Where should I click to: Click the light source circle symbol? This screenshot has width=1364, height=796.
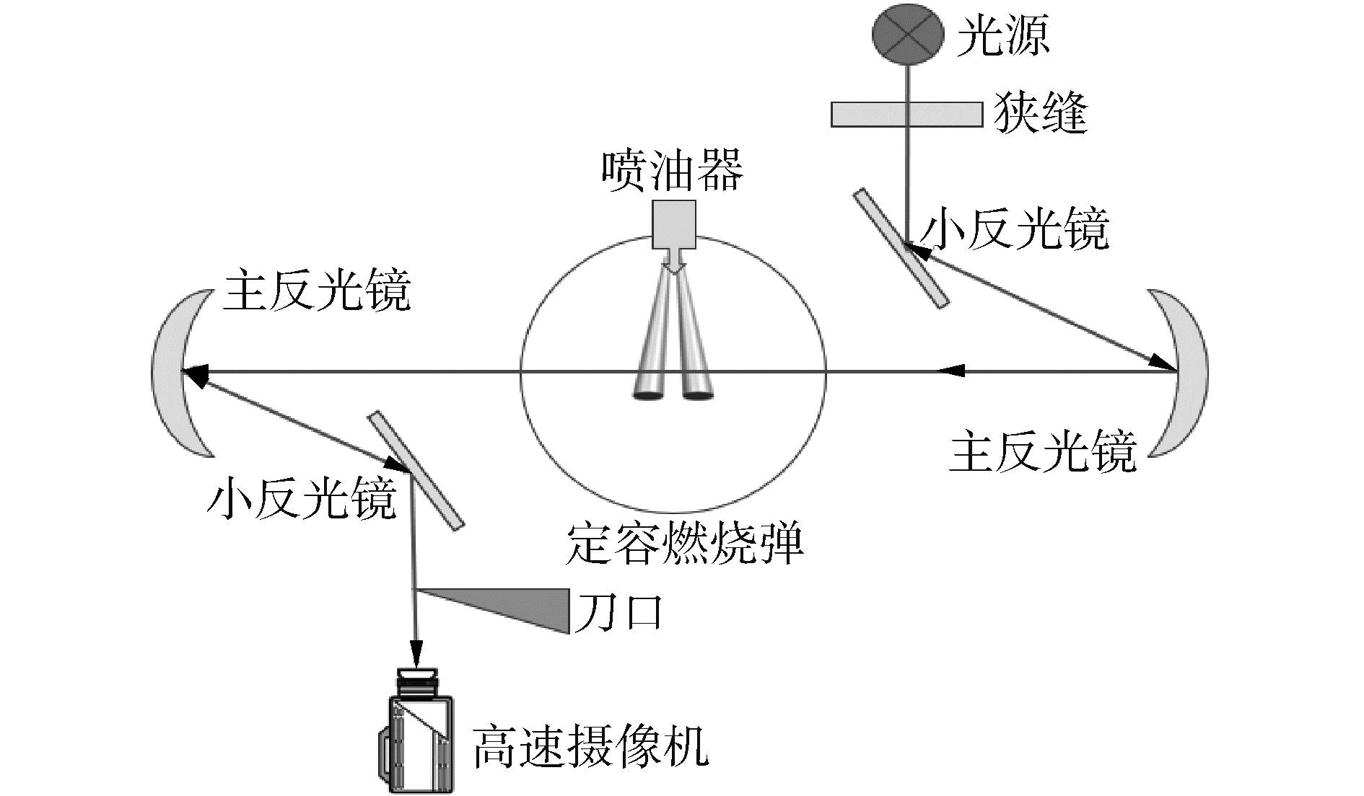[908, 32]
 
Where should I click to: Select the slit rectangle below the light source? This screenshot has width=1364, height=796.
[906, 115]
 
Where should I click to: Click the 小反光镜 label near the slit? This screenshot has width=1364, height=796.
[1015, 229]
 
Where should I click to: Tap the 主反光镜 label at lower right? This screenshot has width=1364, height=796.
[1043, 452]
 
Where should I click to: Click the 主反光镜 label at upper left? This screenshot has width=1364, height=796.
[317, 291]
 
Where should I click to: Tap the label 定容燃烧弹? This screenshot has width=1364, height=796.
[685, 544]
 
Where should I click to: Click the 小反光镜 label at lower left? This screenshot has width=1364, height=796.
[301, 498]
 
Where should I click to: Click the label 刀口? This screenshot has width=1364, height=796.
[617, 612]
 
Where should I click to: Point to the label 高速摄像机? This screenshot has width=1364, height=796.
[591, 748]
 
